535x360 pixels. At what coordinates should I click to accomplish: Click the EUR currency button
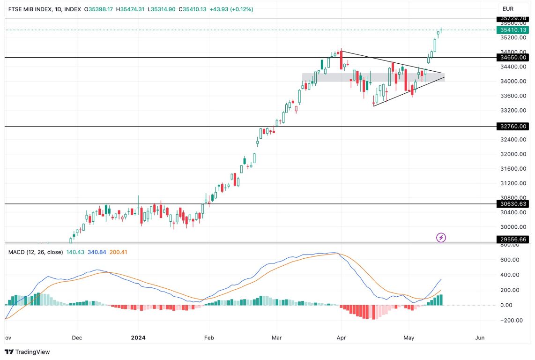click(x=508, y=9)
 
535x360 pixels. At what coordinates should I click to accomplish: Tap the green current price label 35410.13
click(x=513, y=30)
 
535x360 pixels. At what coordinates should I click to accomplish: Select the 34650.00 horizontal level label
click(x=513, y=57)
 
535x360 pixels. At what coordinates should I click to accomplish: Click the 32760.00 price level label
click(x=513, y=126)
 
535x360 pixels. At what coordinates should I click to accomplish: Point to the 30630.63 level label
click(x=513, y=204)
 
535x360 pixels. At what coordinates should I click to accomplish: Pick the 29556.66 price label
click(x=513, y=239)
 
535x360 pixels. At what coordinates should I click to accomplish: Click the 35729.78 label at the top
click(x=513, y=18)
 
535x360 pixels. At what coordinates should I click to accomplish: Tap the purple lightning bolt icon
click(x=441, y=238)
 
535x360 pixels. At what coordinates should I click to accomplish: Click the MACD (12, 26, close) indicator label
click(x=36, y=252)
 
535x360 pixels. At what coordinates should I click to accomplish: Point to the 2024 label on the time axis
click(x=138, y=337)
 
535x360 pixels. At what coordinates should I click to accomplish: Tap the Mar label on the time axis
click(x=277, y=337)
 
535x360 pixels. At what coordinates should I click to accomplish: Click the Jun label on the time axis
click(x=479, y=337)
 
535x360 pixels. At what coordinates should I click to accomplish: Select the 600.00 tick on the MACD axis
click(x=509, y=260)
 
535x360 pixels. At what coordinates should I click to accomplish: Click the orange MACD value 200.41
click(x=118, y=252)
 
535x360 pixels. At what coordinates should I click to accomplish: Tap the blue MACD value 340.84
click(x=96, y=252)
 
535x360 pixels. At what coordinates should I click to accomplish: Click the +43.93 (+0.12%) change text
click(x=230, y=9)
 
